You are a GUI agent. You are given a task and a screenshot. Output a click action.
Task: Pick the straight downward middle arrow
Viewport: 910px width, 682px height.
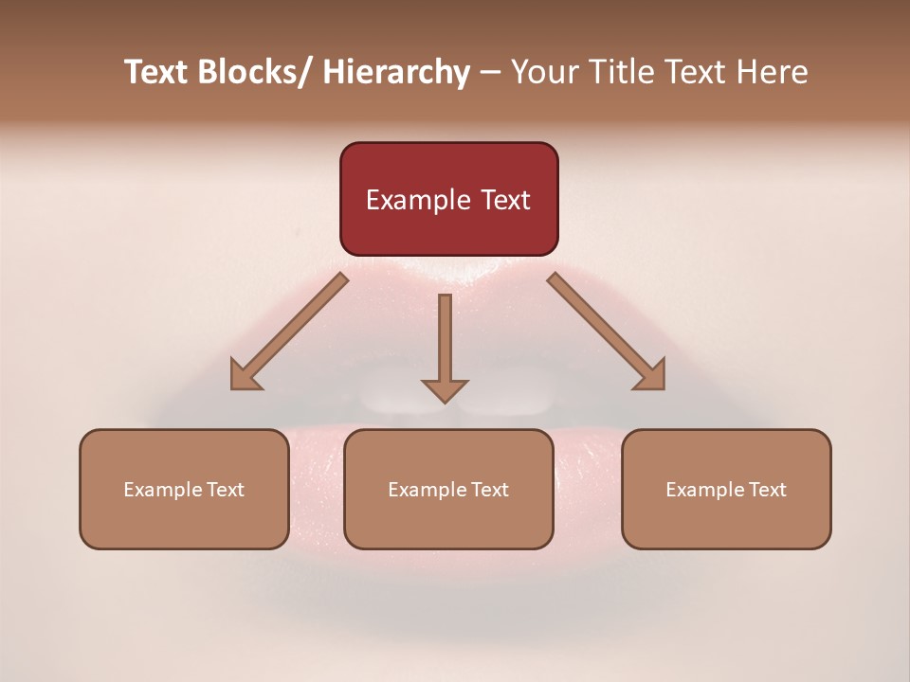445,341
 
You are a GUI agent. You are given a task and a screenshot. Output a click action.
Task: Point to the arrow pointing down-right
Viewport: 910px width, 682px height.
607,332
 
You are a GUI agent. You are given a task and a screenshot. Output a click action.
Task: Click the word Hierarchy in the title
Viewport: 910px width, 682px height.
396,73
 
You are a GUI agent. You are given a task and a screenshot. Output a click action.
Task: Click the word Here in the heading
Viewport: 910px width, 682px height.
772,73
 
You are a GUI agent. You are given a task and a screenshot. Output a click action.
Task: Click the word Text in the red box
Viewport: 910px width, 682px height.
503,201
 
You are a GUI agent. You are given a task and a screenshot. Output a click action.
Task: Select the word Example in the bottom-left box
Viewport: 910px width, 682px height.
162,490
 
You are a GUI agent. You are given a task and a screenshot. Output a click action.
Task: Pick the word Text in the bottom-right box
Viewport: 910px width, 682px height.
767,490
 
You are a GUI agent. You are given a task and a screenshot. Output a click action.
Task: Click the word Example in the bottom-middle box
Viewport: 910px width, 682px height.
427,490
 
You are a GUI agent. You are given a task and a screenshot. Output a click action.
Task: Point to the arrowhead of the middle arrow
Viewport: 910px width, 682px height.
445,389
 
